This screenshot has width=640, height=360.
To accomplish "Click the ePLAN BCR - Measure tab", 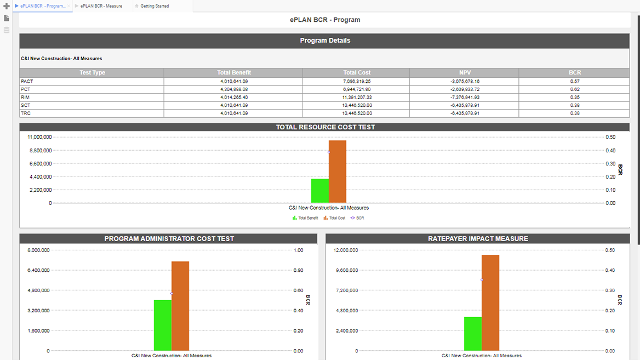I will coord(101,6).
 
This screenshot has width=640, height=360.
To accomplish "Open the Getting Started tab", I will coord(155,6).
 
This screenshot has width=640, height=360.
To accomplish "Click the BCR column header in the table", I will coord(574,72).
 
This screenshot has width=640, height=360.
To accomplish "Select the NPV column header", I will coord(465,72).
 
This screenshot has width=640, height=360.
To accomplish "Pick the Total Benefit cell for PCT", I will coord(233,89).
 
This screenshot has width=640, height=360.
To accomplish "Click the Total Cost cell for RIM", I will coord(357,97).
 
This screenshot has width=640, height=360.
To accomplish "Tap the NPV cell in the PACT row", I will coord(465,82).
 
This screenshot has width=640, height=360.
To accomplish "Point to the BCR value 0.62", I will coord(574,89).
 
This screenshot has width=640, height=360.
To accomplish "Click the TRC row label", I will coord(26,113).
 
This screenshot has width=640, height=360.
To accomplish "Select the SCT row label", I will coord(26,105).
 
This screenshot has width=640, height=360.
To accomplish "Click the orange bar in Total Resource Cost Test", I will coord(338,172).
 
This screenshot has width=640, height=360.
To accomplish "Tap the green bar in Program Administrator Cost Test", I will coord(163,325).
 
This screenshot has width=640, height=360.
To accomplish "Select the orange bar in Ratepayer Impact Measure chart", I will coord(490,302).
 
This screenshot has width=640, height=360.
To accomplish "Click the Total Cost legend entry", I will coord(335,218).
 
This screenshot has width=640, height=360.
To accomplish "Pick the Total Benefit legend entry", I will coord(305,218).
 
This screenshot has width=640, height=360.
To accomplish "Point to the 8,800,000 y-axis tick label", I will coord(39,151).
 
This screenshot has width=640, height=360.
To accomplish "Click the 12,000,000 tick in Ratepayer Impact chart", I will coord(346,250).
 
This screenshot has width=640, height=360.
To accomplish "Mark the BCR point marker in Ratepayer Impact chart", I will coord(482,280).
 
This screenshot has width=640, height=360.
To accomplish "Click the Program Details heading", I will coord(325,41).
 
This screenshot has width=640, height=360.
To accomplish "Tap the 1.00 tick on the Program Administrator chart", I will coord(298,250).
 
